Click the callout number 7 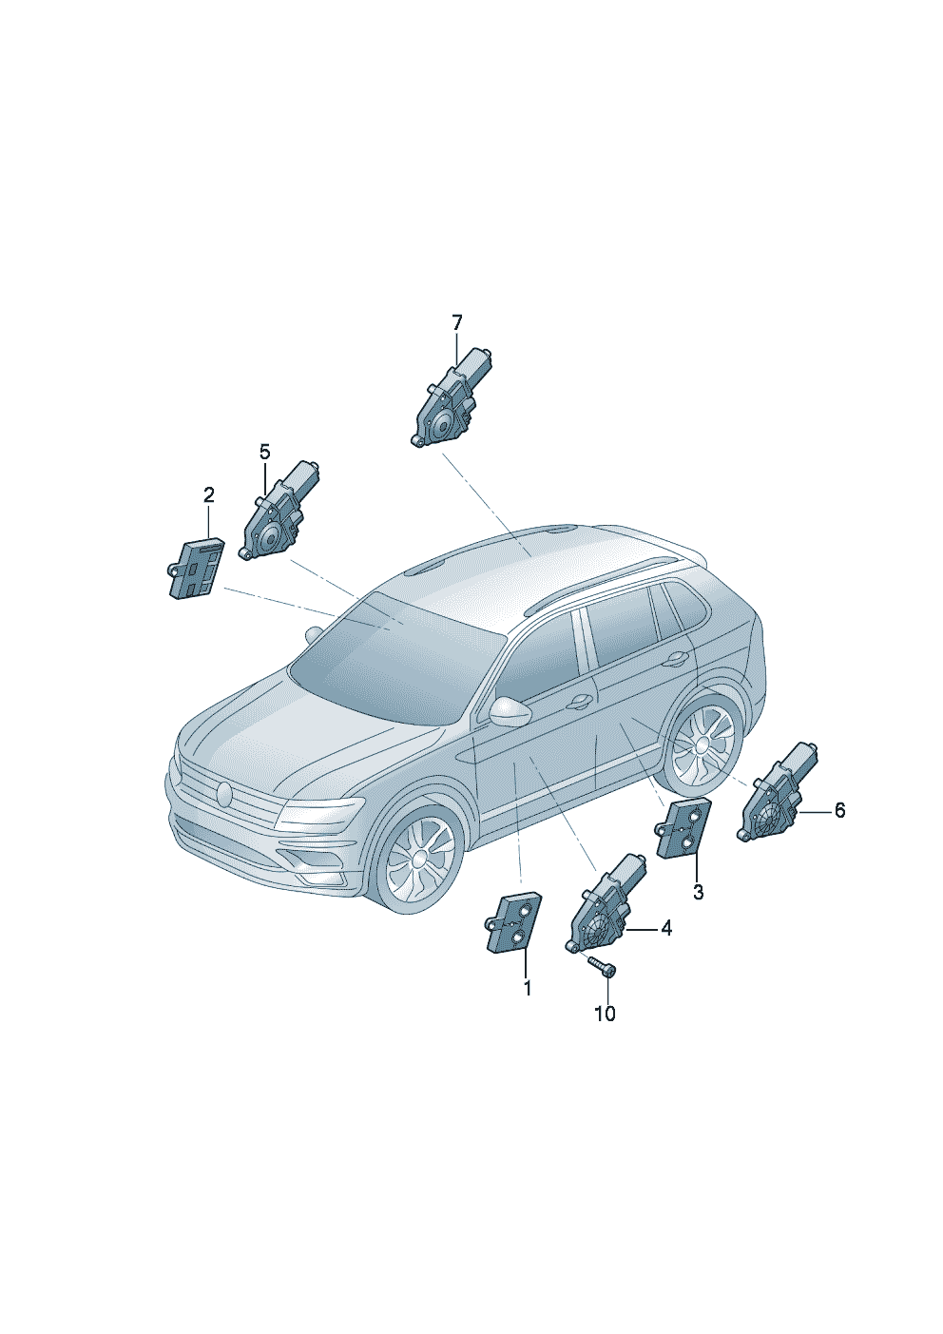click(456, 323)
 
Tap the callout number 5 click(264, 452)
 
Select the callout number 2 click(208, 494)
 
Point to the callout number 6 click(839, 810)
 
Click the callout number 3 click(698, 892)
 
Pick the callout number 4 click(666, 944)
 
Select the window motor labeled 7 click(451, 396)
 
